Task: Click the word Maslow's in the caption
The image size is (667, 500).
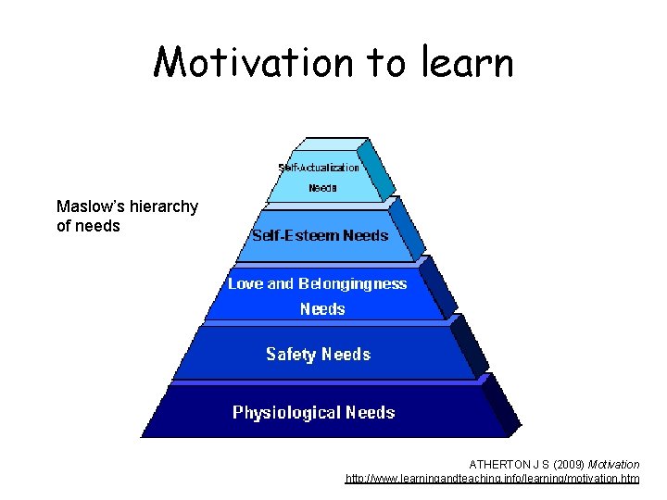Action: [90, 206]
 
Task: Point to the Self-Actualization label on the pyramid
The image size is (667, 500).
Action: [319, 168]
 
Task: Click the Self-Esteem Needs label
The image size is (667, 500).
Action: [320, 235]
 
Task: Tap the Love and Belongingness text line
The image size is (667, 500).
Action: [317, 283]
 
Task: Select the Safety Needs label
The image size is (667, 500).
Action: [318, 354]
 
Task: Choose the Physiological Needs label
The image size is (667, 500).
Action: [313, 412]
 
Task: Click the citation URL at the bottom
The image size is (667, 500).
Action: [492, 479]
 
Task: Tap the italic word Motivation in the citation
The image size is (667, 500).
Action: [613, 464]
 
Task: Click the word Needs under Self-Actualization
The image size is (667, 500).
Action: [322, 187]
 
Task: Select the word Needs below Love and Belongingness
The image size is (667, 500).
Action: [322, 308]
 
